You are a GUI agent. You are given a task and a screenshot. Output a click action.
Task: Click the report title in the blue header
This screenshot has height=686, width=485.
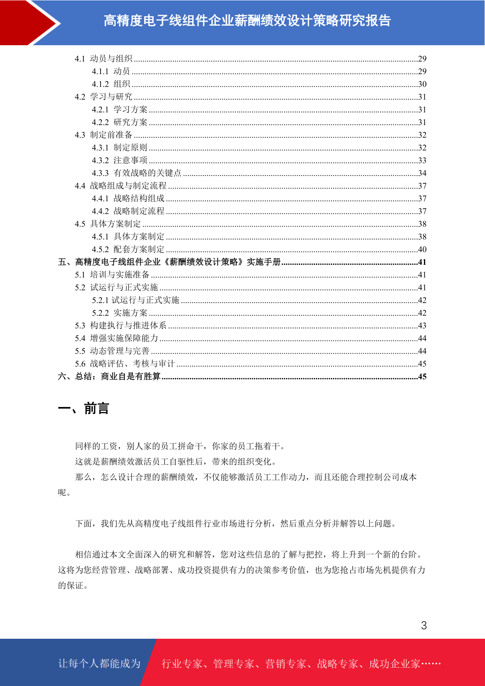(247, 20)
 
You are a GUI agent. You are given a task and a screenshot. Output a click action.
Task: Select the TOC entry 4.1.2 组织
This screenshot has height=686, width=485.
(111, 84)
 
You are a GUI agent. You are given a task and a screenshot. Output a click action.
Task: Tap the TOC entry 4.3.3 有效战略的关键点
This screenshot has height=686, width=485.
(136, 173)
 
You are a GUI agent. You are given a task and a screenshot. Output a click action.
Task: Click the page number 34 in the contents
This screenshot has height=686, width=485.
(422, 173)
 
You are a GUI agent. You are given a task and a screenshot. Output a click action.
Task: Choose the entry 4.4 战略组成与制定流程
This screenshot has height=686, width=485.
(121, 186)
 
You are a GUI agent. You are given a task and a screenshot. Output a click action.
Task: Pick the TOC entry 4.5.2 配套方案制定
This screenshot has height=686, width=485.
(128, 249)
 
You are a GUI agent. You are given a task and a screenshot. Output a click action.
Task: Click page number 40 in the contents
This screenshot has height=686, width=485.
(422, 249)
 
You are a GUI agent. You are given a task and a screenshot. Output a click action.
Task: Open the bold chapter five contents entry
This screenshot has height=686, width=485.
(169, 262)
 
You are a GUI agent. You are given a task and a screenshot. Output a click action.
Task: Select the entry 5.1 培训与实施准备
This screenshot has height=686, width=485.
(112, 275)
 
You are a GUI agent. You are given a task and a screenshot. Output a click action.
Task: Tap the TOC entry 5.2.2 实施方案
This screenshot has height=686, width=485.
(119, 313)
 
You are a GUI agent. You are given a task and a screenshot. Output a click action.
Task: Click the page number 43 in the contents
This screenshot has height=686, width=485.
(422, 325)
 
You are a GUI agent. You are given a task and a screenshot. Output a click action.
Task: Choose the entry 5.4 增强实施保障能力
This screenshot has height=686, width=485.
(116, 338)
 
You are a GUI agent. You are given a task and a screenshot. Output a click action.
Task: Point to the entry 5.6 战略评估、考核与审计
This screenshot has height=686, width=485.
(125, 364)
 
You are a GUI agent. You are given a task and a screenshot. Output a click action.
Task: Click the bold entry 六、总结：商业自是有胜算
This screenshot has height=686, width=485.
(109, 376)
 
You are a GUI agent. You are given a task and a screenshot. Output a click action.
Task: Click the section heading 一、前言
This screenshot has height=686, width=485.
(83, 408)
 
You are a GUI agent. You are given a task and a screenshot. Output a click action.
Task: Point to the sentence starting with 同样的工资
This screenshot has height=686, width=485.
(180, 446)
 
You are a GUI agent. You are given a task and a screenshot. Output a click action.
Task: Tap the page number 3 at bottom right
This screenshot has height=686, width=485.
(424, 626)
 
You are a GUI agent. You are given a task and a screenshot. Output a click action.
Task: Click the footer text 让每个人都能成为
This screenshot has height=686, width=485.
(99, 664)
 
